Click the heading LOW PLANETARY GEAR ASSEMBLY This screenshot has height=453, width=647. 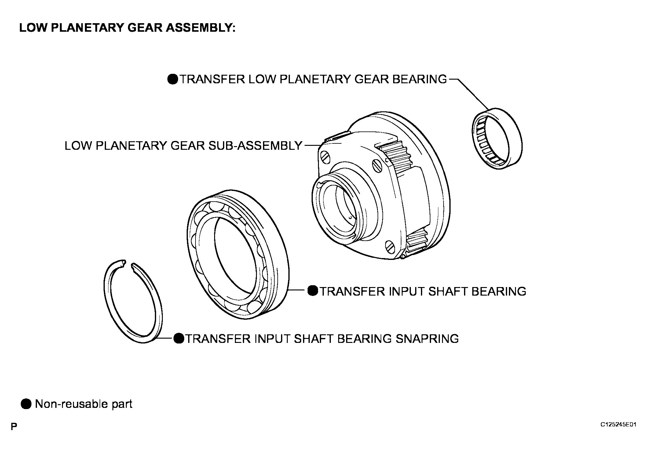[x=127, y=28]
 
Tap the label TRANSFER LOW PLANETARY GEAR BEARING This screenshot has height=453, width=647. [x=313, y=79]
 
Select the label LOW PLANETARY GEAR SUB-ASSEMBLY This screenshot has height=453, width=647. [x=183, y=146]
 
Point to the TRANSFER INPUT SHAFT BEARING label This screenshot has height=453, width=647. [x=423, y=291]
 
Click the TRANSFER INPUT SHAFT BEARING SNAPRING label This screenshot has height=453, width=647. [x=322, y=339]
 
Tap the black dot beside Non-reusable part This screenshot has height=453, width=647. [x=26, y=404]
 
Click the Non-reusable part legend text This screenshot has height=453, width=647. [x=84, y=404]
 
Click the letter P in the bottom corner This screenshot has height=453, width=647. [x=14, y=426]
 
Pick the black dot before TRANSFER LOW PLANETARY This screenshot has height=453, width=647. [x=173, y=79]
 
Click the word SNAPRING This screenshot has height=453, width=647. [x=427, y=339]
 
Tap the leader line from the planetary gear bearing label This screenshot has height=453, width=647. [x=470, y=94]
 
